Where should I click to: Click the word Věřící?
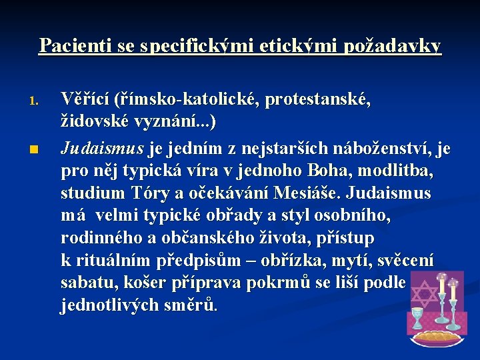pos(84,100)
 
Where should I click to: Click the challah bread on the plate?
pos(437,336)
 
